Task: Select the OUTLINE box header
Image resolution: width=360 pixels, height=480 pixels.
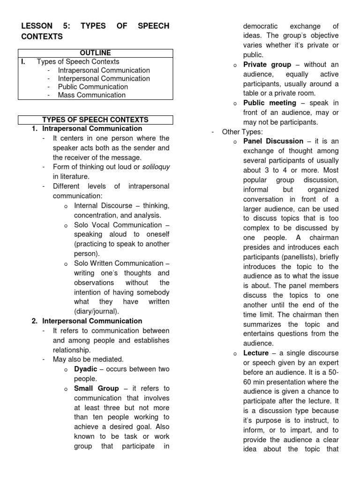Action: (95, 53)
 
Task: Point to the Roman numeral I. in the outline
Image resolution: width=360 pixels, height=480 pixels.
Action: (23, 62)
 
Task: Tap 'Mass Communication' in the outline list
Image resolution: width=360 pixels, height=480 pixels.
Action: (91, 95)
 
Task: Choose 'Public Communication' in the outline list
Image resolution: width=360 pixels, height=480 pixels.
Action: (92, 87)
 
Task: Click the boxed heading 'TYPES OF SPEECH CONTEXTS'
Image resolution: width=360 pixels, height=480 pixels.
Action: (95, 120)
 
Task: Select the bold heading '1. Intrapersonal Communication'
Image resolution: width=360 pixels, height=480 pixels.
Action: (87, 128)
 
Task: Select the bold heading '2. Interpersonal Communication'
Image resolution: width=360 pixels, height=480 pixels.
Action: (87, 321)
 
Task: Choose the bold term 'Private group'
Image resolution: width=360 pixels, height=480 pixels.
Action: (267, 65)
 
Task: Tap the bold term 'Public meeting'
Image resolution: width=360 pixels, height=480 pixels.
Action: (270, 103)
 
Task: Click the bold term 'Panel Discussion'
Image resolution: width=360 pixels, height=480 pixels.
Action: (273, 142)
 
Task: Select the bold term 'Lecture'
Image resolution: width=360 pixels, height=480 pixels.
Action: (256, 353)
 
